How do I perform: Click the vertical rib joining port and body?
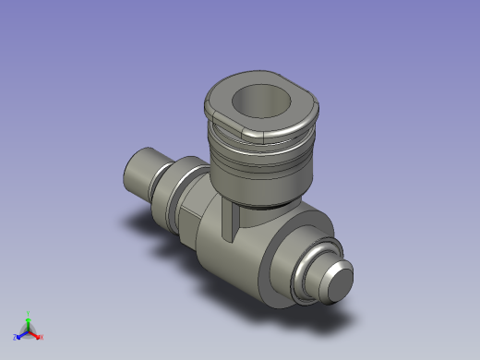click(228, 222)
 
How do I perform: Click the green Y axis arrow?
click(29, 320)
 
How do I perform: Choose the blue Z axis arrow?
click(21, 333)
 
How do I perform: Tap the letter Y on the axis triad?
click(29, 313)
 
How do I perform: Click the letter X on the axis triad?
click(42, 337)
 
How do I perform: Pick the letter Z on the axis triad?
click(15, 337)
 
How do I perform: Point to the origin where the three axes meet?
click(29, 330)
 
